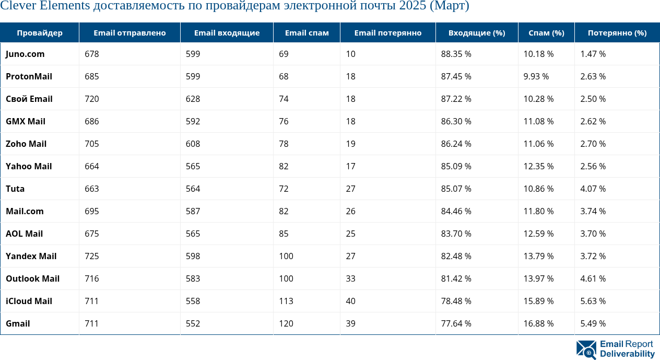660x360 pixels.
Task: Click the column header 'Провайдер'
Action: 40,33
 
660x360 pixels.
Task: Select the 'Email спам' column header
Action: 307,33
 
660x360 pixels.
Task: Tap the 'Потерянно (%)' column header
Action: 617,33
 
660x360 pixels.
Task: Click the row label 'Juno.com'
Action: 25,54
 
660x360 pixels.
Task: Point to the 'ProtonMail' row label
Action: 29,76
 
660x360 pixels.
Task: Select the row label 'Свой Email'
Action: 29,99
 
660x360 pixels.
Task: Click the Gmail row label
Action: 18,323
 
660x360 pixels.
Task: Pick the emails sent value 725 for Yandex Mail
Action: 92,256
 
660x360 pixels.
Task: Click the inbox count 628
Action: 193,99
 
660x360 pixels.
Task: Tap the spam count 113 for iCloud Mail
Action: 286,301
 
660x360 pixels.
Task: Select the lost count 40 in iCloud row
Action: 350,301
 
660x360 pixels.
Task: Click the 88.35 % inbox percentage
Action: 456,54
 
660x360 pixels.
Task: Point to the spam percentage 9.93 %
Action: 536,76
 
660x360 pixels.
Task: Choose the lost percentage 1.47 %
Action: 593,54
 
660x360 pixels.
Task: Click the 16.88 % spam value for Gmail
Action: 538,323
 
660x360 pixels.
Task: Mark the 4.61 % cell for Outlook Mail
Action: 593,278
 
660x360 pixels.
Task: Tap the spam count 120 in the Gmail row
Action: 286,323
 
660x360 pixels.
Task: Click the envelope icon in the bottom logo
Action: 586,350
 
